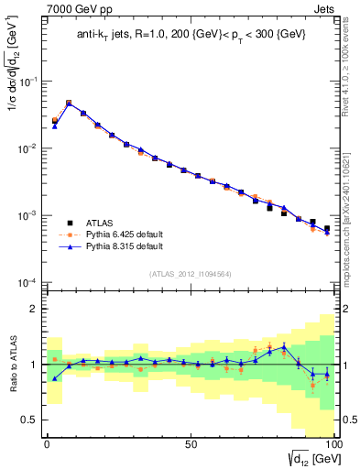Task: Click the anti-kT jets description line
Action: pos(189,35)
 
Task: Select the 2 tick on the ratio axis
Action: pos(33,310)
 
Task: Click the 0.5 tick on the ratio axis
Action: pos(29,420)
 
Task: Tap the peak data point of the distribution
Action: pos(69,104)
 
